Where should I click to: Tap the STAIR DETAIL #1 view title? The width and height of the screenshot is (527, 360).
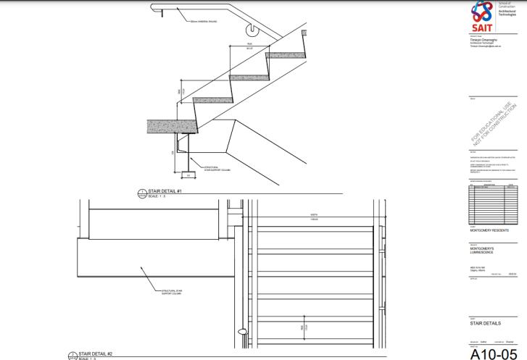[x=165, y=191]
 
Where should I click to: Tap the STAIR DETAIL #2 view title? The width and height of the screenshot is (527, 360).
[x=94, y=353]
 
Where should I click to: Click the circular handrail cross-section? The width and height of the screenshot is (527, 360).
[x=252, y=30]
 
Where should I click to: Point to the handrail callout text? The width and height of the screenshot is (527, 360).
[x=203, y=22]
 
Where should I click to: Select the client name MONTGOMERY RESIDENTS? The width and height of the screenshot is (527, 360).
[x=489, y=230]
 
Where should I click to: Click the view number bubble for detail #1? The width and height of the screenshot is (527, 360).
[x=142, y=193]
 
